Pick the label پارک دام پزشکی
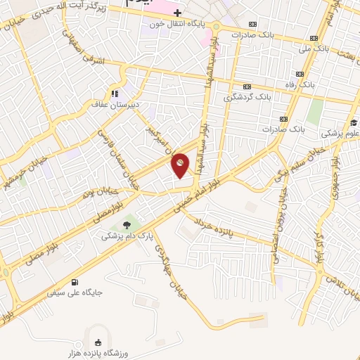(x=125, y=237)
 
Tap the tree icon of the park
(x=126, y=225)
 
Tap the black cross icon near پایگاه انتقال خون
(x=178, y=13)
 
